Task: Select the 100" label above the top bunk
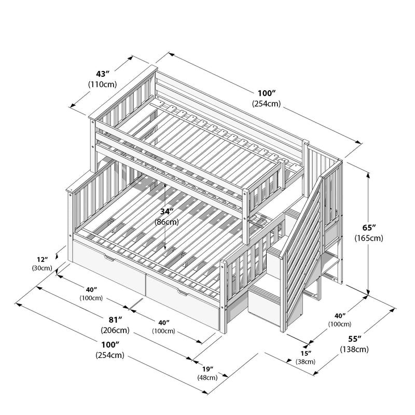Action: click(266, 93)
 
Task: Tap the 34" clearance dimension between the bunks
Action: click(166, 212)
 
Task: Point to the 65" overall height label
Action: click(369, 228)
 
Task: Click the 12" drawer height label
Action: click(43, 259)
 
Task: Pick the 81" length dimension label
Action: click(115, 319)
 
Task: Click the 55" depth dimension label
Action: click(354, 339)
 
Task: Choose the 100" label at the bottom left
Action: click(109, 344)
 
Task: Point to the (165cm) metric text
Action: click(369, 238)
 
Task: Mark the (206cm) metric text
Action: click(115, 330)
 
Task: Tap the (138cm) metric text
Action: click(354, 349)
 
